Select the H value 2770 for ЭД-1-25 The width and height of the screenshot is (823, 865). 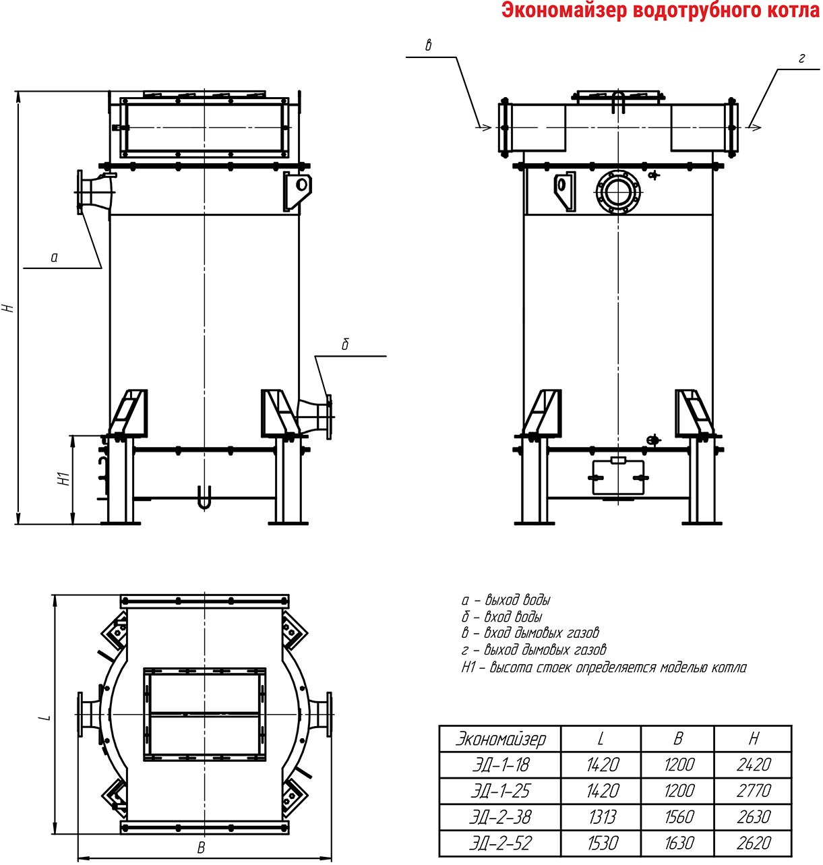(x=754, y=791)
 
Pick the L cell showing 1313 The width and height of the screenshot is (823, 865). (x=602, y=817)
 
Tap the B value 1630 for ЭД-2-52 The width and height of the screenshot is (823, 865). (x=679, y=843)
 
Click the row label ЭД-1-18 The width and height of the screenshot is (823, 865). (x=501, y=765)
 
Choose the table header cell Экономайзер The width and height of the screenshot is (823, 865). (x=501, y=739)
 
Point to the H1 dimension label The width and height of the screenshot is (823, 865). (x=64, y=479)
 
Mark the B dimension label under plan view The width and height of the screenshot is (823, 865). (x=201, y=847)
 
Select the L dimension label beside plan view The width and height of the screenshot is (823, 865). (x=44, y=717)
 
